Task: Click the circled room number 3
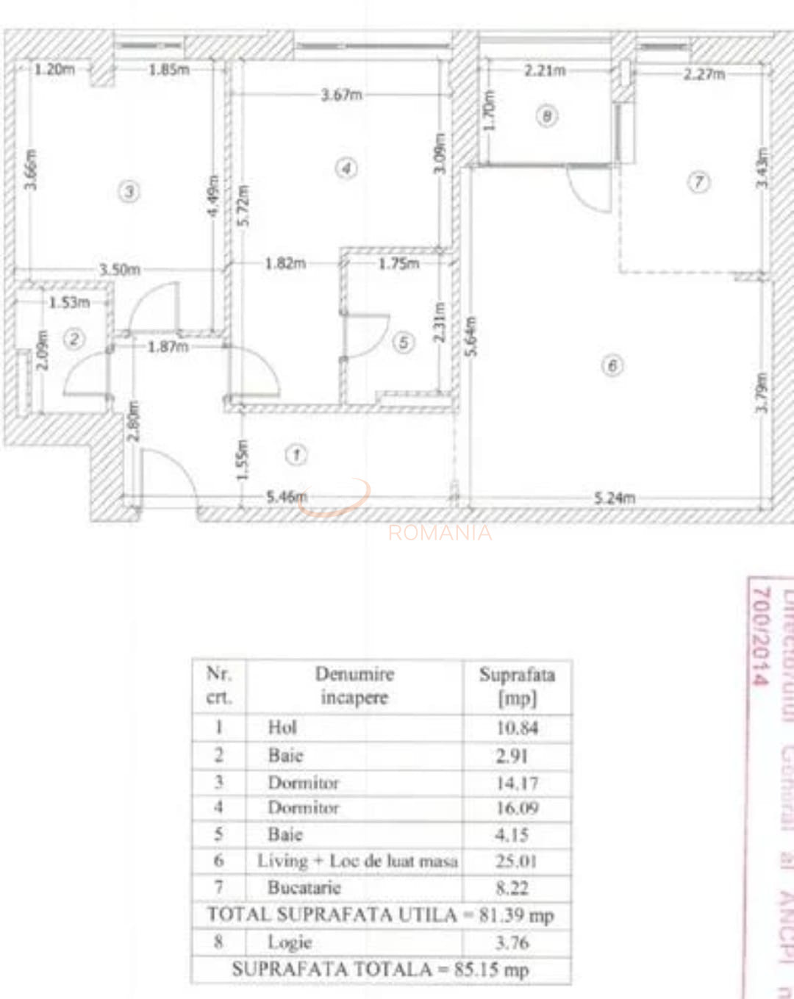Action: click(x=129, y=192)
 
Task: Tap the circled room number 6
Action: click(x=612, y=365)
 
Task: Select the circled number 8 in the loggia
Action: click(x=546, y=115)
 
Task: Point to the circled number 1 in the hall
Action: click(x=296, y=455)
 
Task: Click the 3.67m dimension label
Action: click(x=341, y=95)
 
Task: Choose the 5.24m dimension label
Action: click(x=614, y=498)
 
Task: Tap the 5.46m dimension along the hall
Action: click(x=286, y=497)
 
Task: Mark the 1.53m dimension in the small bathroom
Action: click(x=69, y=302)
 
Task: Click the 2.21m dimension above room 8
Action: click(x=545, y=71)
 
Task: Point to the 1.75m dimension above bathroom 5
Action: click(x=398, y=263)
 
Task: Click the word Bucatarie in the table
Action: click(x=304, y=887)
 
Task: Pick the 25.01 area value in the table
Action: click(x=516, y=861)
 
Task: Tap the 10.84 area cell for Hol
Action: click(x=517, y=728)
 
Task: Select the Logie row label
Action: click(x=290, y=942)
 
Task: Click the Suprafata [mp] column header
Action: click(x=517, y=686)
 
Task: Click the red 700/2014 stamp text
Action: click(x=761, y=636)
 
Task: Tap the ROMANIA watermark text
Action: click(x=440, y=532)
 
